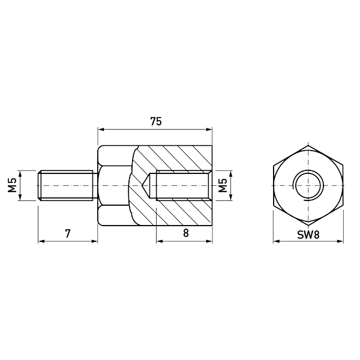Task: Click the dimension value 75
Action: (156, 121)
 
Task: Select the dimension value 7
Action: (67, 233)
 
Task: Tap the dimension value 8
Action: (186, 233)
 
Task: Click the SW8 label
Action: (308, 235)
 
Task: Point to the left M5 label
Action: (13, 185)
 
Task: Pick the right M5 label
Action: (223, 185)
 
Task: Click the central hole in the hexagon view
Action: (308, 185)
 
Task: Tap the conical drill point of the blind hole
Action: (145, 185)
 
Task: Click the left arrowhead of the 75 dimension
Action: (101, 130)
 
